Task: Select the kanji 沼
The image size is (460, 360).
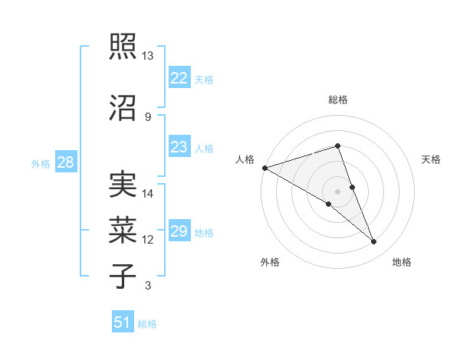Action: tap(123, 107)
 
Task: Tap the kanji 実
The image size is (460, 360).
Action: tap(123, 185)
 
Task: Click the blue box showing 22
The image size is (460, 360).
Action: tap(179, 78)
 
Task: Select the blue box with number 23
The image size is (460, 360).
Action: tap(179, 147)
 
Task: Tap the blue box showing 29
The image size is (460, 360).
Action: tap(179, 231)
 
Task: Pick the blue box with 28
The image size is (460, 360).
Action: tap(65, 162)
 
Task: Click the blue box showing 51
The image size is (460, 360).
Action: tap(123, 322)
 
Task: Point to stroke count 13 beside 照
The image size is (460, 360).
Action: tap(147, 56)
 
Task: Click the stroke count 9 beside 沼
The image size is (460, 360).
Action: tap(147, 116)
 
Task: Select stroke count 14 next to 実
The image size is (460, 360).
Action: tap(148, 194)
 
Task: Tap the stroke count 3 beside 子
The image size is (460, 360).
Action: tap(147, 286)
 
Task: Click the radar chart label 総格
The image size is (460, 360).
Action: tap(337, 100)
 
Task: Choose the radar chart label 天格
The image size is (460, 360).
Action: tap(431, 159)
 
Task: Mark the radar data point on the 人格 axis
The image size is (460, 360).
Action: tap(264, 168)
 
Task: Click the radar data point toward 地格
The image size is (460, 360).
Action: tap(374, 242)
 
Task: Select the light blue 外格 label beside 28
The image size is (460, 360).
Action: tap(41, 163)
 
